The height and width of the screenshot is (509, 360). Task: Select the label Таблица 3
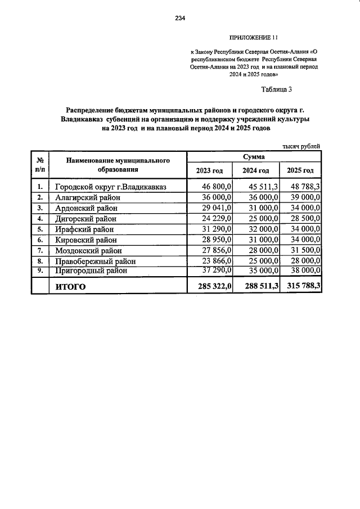coord(277,89)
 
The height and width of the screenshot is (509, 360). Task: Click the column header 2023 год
coord(210,170)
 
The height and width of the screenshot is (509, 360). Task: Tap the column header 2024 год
coord(256,170)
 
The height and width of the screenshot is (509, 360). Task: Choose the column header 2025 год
coord(300,170)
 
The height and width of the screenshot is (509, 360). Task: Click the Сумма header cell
coord(254,157)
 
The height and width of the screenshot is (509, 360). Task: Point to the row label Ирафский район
coord(84,229)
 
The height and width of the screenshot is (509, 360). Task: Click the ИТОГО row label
coord(70,287)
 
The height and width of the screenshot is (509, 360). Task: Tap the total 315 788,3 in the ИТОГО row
coord(301,287)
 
